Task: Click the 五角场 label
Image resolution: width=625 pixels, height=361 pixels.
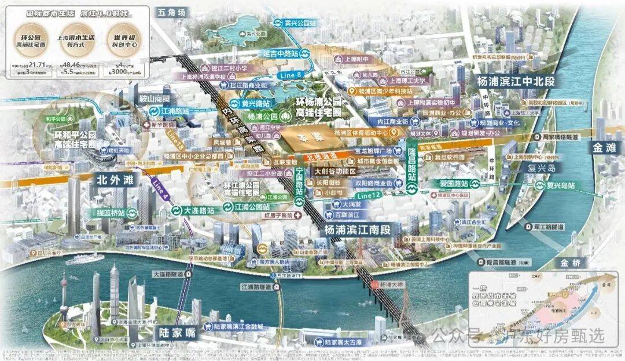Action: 173,12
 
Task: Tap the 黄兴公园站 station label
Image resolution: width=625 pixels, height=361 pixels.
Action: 299,23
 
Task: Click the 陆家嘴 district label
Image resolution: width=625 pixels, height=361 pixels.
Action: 177,334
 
